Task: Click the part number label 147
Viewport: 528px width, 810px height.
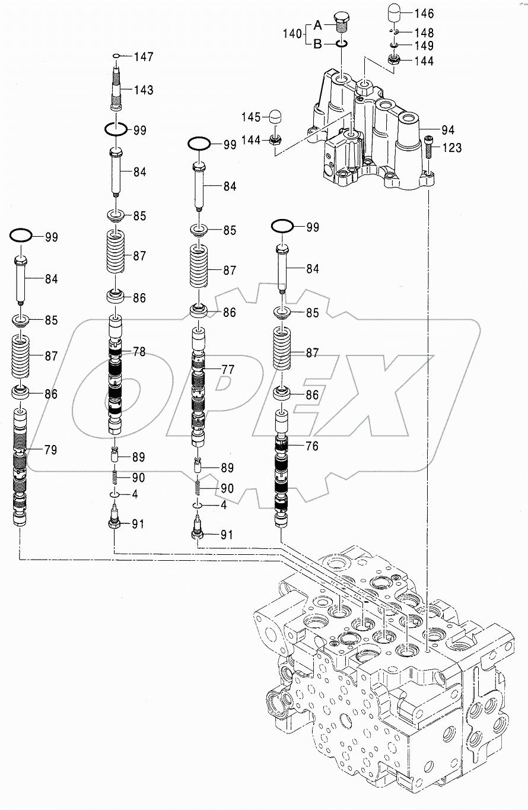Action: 144,57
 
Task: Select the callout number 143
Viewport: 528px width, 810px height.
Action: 143,90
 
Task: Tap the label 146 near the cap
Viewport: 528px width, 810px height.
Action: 424,14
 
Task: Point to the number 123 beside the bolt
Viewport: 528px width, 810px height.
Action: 451,148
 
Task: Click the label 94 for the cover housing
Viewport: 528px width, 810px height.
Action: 447,130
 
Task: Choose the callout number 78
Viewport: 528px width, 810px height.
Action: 139,352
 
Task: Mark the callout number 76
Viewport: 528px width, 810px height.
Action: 312,446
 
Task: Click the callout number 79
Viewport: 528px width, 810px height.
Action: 51,450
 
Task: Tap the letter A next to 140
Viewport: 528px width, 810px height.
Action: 317,25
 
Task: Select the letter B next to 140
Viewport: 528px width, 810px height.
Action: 317,43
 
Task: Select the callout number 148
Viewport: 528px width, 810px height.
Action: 424,33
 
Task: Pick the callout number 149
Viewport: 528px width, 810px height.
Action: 424,46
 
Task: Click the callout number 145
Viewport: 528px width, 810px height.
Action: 251,117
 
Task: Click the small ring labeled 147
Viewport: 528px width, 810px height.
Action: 117,56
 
